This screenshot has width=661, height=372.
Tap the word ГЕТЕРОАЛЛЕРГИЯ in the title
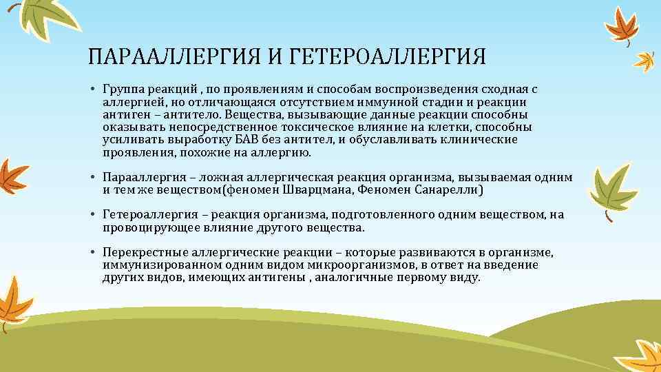click(x=388, y=56)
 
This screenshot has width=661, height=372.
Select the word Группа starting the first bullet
click(x=121, y=90)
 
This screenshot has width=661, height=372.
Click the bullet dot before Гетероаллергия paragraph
click(x=92, y=214)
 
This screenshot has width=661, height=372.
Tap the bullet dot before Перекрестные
click(x=92, y=252)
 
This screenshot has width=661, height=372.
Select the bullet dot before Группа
click(x=92, y=90)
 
